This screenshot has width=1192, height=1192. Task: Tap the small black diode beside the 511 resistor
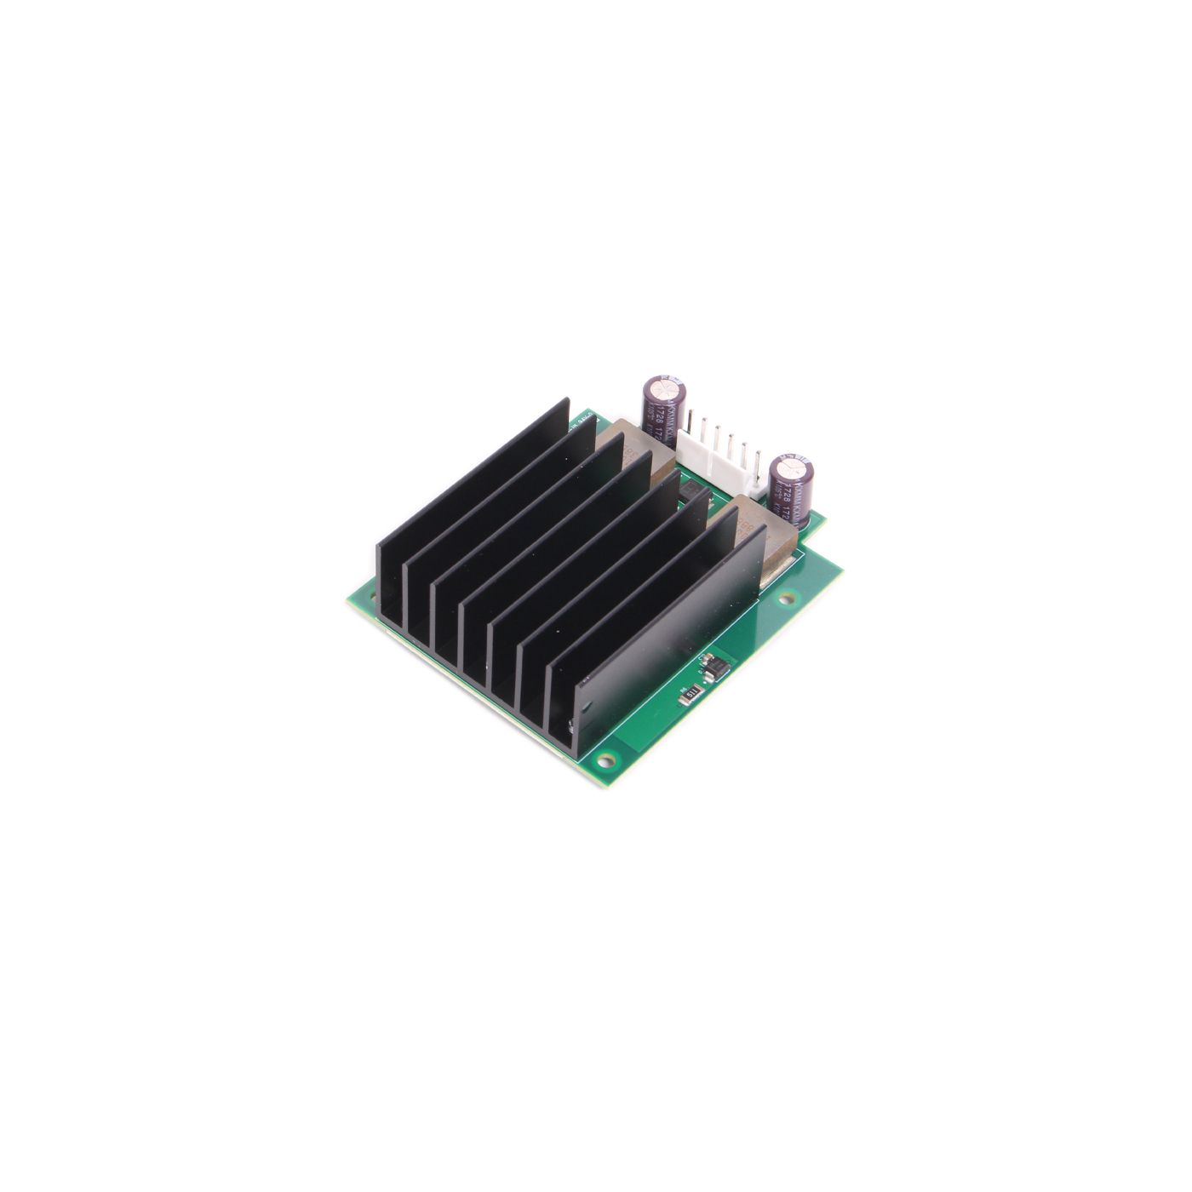pyautogui.click(x=712, y=670)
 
